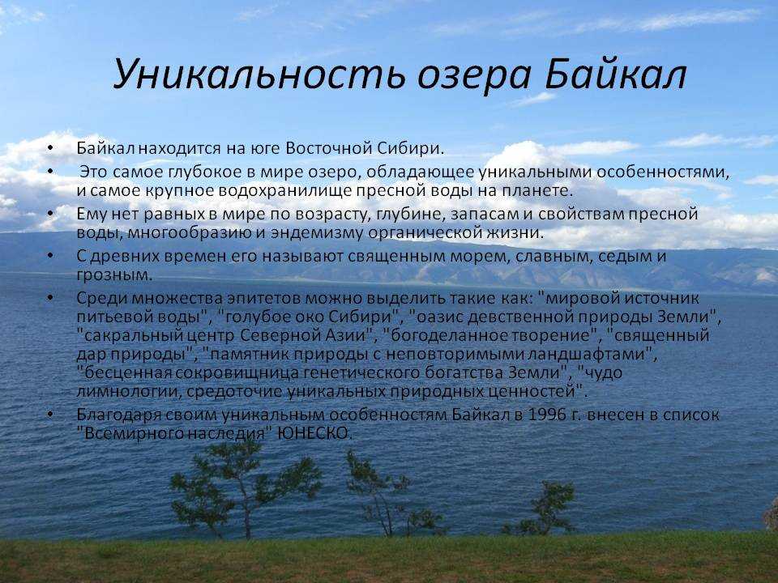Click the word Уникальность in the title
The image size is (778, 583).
(x=259, y=74)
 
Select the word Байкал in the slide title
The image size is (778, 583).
(x=616, y=75)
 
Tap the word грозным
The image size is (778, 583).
(x=113, y=275)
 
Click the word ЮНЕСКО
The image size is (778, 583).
(x=314, y=433)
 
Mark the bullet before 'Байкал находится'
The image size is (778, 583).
(x=49, y=148)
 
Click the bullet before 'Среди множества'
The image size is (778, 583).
(x=49, y=298)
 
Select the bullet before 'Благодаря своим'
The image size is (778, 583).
(x=49, y=414)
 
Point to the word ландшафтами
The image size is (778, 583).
(x=589, y=354)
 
